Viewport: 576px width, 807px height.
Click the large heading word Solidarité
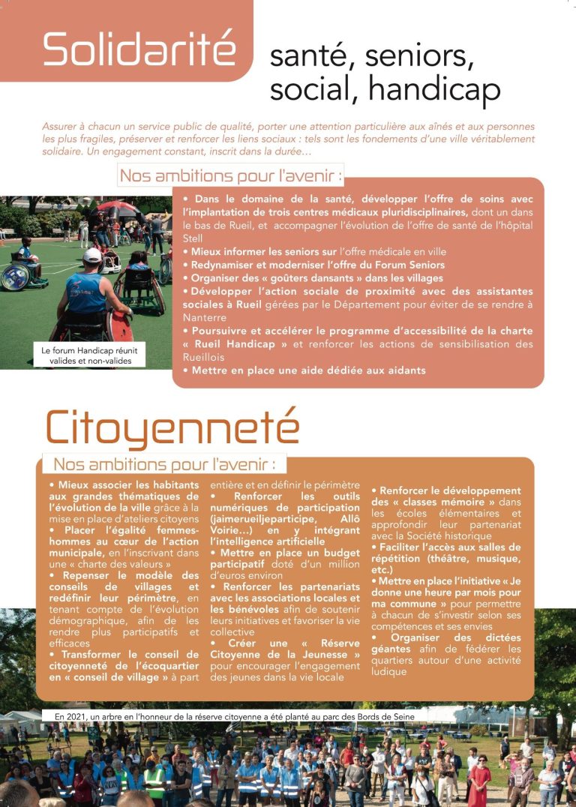click(x=139, y=49)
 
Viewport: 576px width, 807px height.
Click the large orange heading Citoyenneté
click(x=172, y=427)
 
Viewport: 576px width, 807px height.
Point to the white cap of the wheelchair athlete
click(x=91, y=256)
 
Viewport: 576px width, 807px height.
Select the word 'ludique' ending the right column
click(x=388, y=671)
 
